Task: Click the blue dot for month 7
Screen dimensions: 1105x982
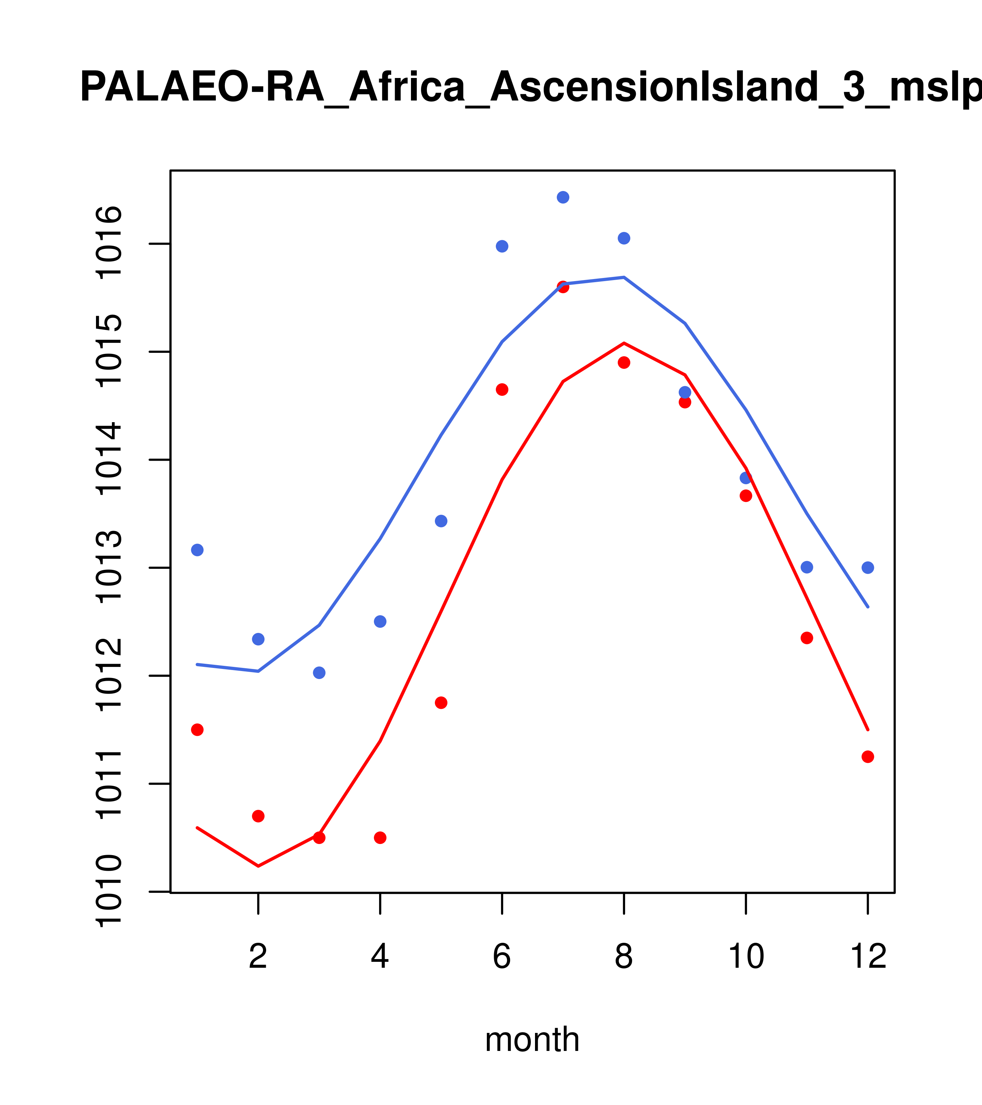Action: click(x=563, y=197)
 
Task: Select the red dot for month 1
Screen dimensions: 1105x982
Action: click(x=197, y=730)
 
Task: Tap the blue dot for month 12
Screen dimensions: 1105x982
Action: click(x=867, y=568)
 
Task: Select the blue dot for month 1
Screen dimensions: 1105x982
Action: click(x=197, y=550)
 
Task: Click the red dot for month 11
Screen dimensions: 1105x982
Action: click(x=806, y=638)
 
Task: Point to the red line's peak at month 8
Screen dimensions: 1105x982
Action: click(x=624, y=343)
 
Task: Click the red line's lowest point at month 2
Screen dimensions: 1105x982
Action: click(x=258, y=867)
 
